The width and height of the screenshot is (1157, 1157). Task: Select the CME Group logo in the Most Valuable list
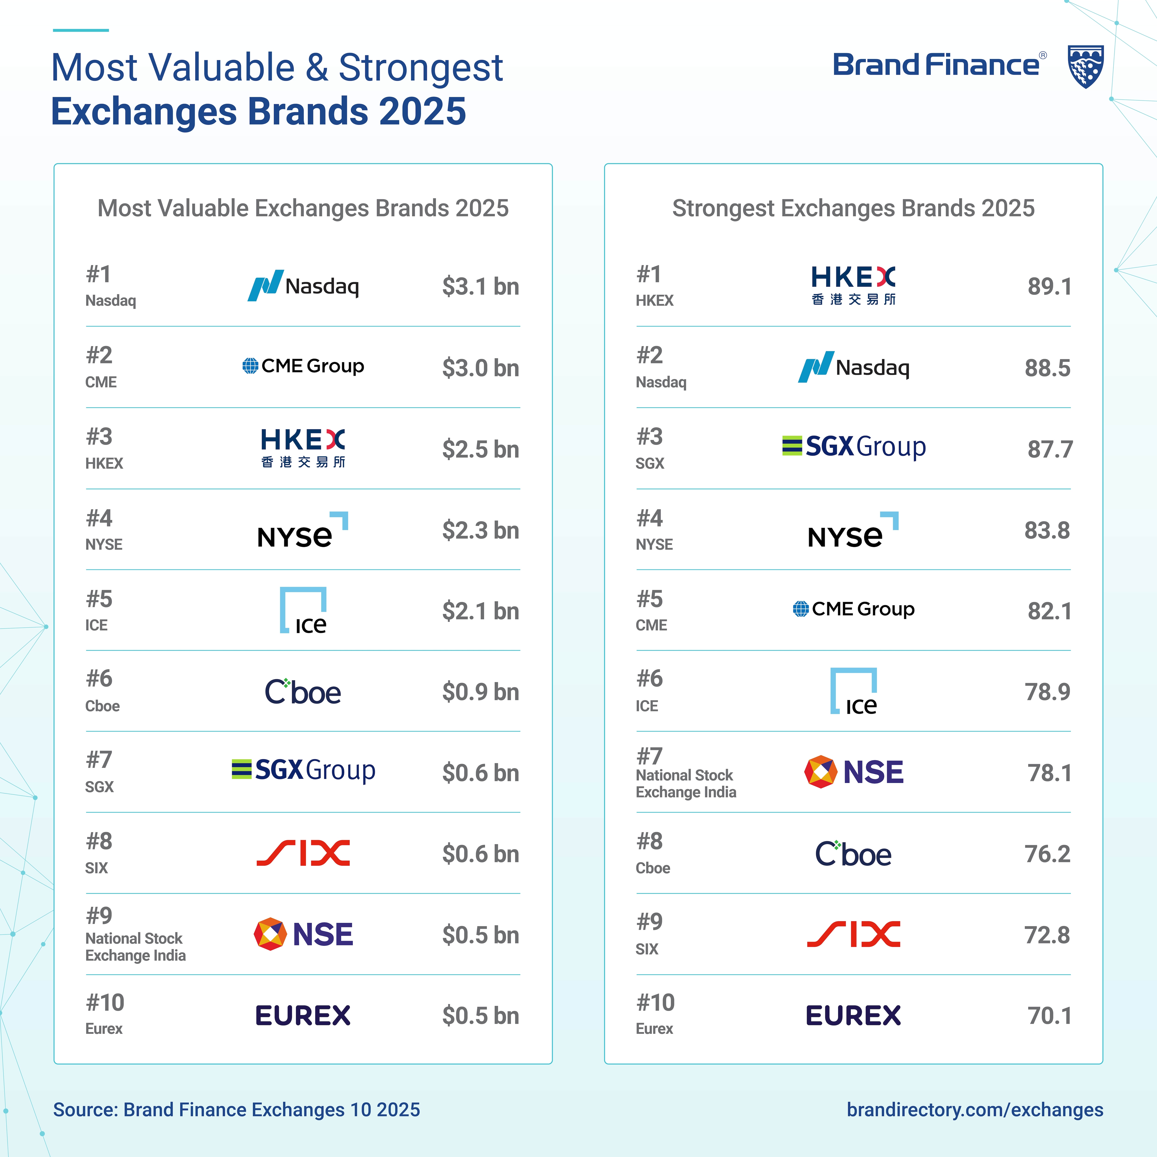click(x=303, y=366)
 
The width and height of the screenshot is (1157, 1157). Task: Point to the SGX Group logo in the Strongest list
click(x=854, y=447)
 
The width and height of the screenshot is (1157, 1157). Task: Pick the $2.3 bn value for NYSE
click(x=480, y=531)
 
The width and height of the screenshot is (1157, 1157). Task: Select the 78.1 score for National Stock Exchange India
click(x=1049, y=773)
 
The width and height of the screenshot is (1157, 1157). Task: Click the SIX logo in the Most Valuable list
click(x=303, y=853)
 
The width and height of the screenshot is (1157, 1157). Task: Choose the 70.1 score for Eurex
click(x=1049, y=1016)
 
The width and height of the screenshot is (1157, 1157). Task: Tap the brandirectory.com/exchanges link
click(x=974, y=1110)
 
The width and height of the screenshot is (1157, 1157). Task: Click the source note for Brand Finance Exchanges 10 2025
click(x=236, y=1110)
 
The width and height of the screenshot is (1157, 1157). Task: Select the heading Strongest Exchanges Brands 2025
click(x=853, y=208)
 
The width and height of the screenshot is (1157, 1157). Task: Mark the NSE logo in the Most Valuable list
click(x=303, y=934)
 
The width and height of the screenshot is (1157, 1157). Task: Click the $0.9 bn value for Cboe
click(x=480, y=692)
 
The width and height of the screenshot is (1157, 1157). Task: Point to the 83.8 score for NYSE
click(x=1047, y=531)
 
